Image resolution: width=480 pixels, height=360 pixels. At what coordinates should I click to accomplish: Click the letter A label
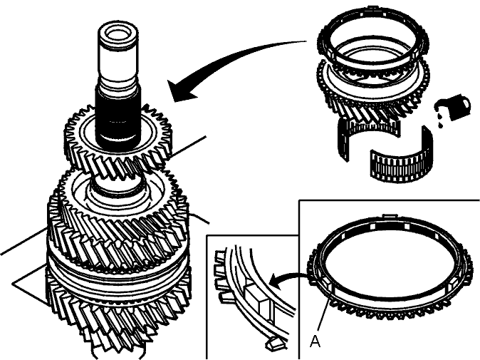coord(315,341)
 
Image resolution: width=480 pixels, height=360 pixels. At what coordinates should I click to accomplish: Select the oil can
coord(456,107)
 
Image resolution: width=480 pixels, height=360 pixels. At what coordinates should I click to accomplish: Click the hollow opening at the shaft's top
coord(118,34)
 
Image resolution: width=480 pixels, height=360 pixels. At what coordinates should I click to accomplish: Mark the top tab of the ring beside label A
coord(390,216)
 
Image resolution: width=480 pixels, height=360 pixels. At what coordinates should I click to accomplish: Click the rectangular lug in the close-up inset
coord(257,297)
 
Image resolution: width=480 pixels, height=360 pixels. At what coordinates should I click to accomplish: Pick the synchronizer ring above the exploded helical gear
coord(372,39)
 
